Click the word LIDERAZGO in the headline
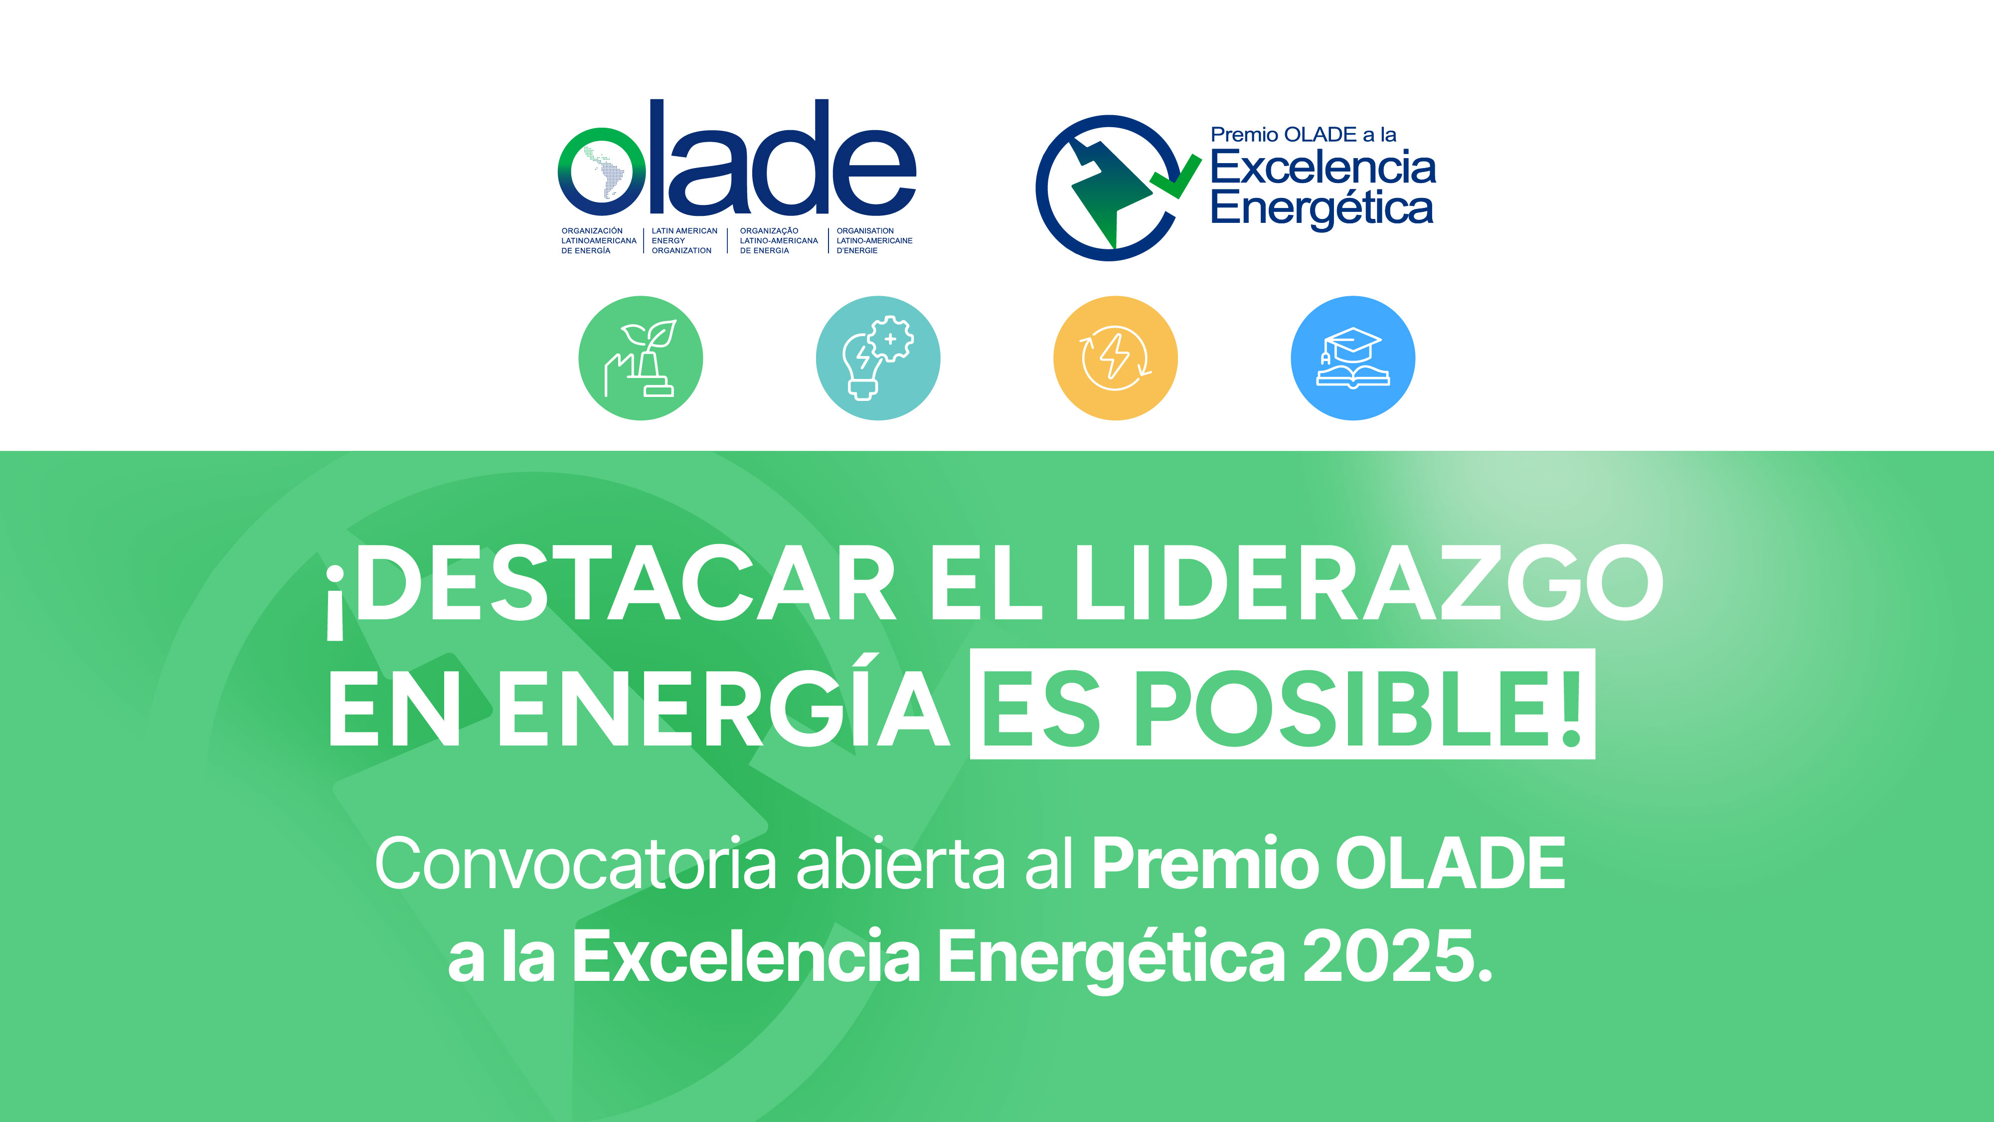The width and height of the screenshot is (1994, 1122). pyautogui.click(x=1368, y=583)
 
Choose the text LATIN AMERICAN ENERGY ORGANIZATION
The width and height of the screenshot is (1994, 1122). pyautogui.click(x=684, y=241)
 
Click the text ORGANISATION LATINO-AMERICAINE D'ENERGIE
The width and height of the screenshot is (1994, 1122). pyautogui.click(x=874, y=241)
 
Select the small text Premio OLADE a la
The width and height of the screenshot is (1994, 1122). pyautogui.click(x=1304, y=135)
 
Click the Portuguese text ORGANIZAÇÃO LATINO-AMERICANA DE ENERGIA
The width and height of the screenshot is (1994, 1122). pyautogui.click(x=778, y=241)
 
